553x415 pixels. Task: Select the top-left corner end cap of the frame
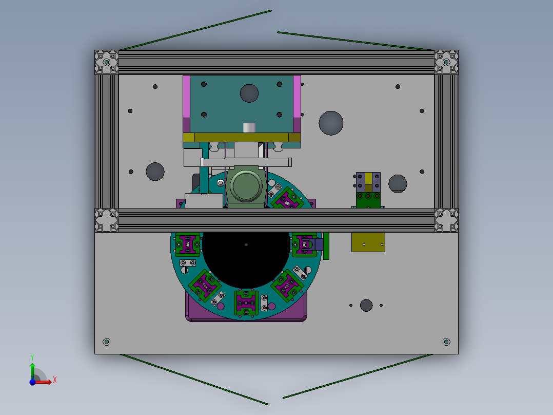click(x=107, y=62)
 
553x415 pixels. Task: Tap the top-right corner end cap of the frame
click(x=446, y=62)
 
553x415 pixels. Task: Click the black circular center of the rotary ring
click(x=246, y=257)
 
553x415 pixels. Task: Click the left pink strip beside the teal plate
click(x=187, y=98)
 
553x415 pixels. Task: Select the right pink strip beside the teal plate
click(x=297, y=98)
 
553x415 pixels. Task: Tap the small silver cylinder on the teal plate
click(x=249, y=127)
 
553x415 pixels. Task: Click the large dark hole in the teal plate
click(x=249, y=93)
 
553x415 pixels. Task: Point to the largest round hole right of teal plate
click(x=331, y=123)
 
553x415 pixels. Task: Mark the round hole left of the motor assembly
click(x=155, y=172)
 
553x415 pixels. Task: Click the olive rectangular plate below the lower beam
click(x=368, y=242)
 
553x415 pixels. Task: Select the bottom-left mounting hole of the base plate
click(x=107, y=342)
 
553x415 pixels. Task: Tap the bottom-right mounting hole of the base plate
click(x=446, y=342)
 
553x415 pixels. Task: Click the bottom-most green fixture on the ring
click(x=246, y=303)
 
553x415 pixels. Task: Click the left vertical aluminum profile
click(x=107, y=141)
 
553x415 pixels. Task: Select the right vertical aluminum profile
click(x=446, y=141)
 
